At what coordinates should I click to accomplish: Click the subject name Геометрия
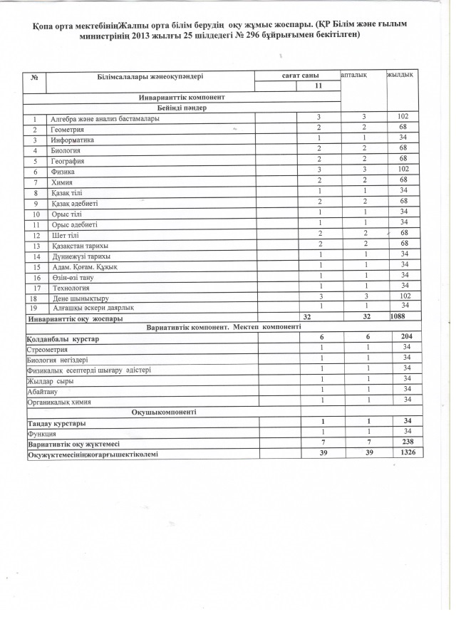[67, 130]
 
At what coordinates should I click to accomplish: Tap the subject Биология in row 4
[66, 151]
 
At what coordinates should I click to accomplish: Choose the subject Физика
[63, 172]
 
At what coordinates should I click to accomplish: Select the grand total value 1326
[408, 452]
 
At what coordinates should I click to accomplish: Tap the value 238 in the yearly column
[408, 442]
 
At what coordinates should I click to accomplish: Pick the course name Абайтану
[43, 391]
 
